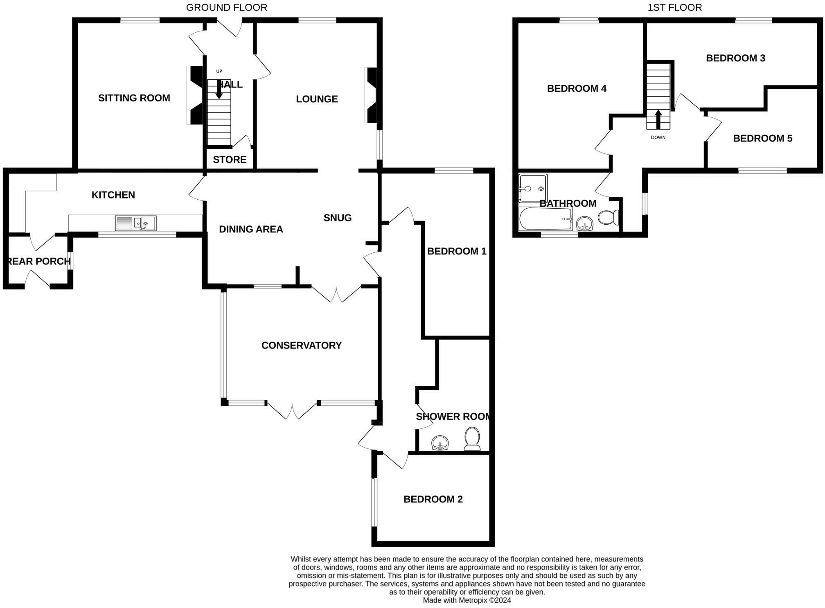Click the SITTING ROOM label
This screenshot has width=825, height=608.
click(x=134, y=98)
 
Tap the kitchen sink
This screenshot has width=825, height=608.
click(x=135, y=223)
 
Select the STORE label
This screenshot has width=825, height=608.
click(x=230, y=160)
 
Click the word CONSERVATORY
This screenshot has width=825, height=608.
click(x=302, y=345)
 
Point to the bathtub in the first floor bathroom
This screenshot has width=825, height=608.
click(x=545, y=219)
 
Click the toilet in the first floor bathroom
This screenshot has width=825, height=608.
click(x=609, y=217)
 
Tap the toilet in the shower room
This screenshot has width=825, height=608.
click(x=472, y=439)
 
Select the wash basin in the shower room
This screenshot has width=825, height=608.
click(x=440, y=443)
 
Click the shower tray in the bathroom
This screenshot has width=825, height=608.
click(x=533, y=188)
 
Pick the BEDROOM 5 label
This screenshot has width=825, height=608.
click(x=763, y=138)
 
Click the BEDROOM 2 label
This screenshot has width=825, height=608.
click(x=433, y=499)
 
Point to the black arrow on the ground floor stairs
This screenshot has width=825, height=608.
click(x=219, y=89)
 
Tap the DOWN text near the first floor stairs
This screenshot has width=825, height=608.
click(x=658, y=137)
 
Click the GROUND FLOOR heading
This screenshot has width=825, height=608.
click(x=227, y=7)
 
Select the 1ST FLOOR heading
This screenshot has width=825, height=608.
click(x=675, y=7)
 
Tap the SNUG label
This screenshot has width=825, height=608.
click(x=338, y=218)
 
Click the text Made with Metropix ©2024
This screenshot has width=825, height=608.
click(x=467, y=600)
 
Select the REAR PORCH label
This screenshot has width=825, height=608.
click(x=39, y=261)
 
